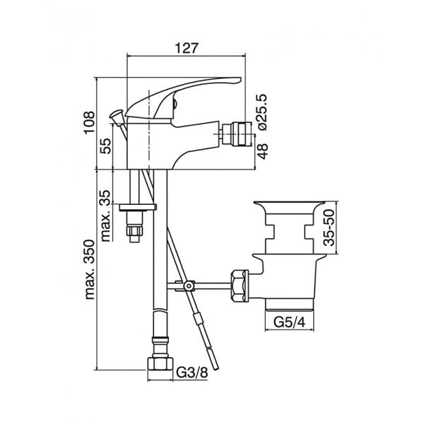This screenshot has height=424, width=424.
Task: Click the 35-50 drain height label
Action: pyautogui.click(x=329, y=227)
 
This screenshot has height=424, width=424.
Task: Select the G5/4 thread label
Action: pyautogui.click(x=288, y=322)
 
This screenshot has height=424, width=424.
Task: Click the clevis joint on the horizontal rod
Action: pyautogui.click(x=188, y=285)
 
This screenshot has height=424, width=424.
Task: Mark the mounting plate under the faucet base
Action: pyautogui.click(x=137, y=208)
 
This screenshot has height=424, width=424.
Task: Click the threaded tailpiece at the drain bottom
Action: pyautogui.click(x=288, y=304)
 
